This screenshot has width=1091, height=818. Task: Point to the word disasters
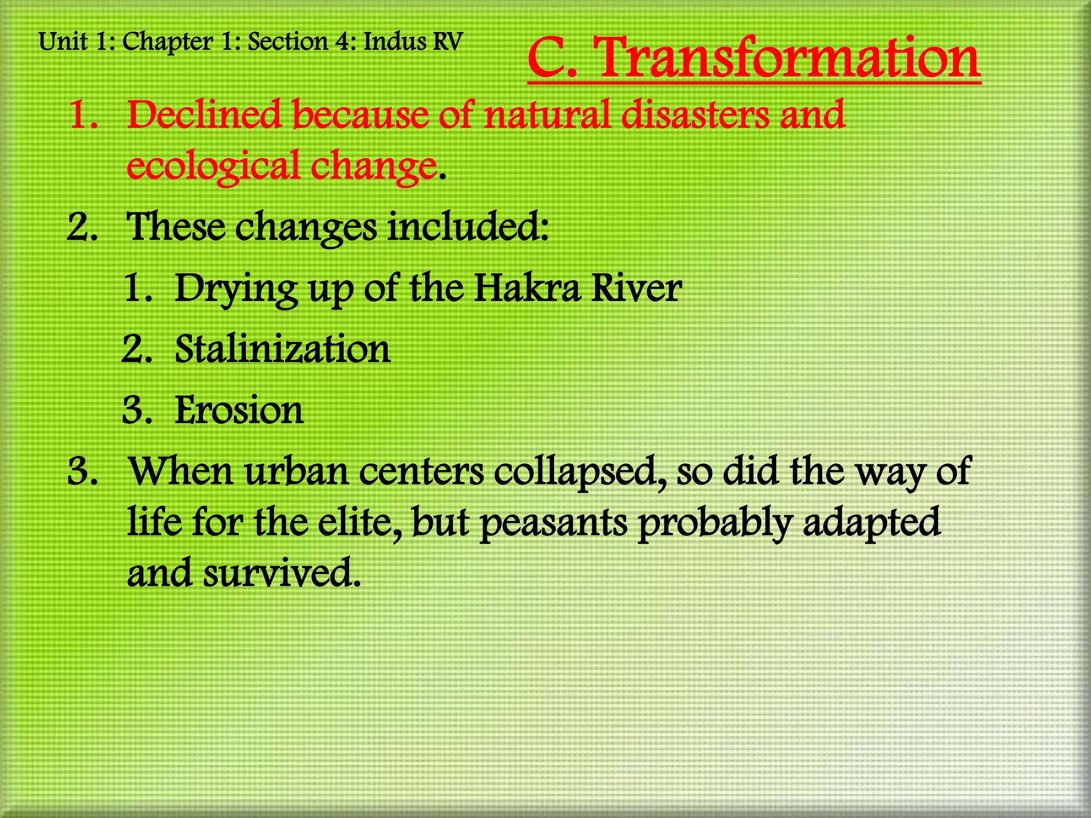[695, 114]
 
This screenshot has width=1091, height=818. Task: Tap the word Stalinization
[282, 349]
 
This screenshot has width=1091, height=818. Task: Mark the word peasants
[554, 523]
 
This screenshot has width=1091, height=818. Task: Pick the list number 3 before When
[83, 472]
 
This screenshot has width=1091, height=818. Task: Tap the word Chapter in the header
[167, 42]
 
